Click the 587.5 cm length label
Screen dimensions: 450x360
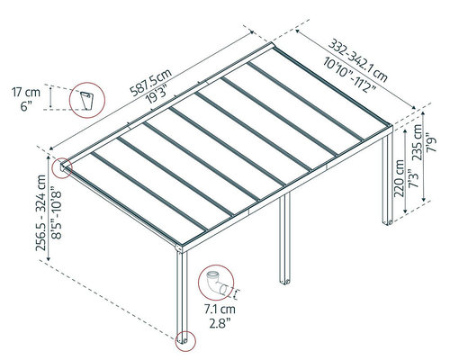click(151, 82)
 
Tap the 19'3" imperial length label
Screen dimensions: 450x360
click(157, 94)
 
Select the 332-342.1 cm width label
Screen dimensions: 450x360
click(357, 59)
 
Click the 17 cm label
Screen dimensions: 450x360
click(26, 92)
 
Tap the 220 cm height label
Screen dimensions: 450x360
click(400, 178)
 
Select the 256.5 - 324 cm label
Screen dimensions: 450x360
click(41, 212)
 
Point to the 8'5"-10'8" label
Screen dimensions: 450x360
click(56, 212)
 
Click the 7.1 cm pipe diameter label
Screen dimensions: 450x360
click(220, 309)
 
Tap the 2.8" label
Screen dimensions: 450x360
click(220, 323)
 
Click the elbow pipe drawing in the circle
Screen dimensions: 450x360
click(217, 283)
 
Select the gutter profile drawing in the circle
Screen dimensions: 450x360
click(86, 101)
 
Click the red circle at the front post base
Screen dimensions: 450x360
click(185, 341)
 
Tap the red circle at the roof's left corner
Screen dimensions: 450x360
click(62, 167)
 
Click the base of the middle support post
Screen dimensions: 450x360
click(284, 282)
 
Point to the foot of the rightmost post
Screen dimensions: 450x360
click(387, 222)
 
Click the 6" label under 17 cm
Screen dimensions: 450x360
click(26, 106)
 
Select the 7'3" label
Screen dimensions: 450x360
click(413, 180)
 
